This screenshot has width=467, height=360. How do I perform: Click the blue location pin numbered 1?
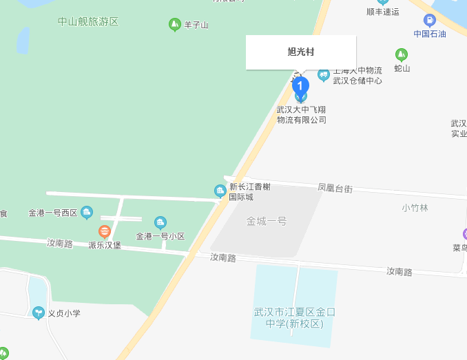(x=300, y=86)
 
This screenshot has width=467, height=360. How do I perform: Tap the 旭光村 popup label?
(x=301, y=52)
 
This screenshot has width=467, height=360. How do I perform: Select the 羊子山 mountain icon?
(x=174, y=25)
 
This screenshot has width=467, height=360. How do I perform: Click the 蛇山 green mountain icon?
(x=401, y=54)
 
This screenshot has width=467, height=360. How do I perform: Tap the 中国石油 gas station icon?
(x=430, y=21)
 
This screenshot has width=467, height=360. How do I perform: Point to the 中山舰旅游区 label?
(x=88, y=21)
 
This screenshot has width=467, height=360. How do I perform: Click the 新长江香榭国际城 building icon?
(x=220, y=191)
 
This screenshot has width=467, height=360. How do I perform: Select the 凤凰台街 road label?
(x=335, y=187)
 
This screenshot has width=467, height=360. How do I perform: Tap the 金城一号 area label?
(x=267, y=221)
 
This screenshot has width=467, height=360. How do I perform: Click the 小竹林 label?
(x=415, y=208)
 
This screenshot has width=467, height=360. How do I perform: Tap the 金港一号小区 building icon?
(x=160, y=222)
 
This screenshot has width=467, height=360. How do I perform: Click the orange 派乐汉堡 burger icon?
(x=105, y=231)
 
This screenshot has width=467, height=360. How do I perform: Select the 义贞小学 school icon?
(x=39, y=313)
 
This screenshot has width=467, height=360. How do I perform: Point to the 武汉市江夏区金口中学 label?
(x=294, y=317)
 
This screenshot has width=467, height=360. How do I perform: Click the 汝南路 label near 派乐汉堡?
(x=60, y=243)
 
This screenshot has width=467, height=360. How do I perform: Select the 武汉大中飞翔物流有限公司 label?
(x=301, y=114)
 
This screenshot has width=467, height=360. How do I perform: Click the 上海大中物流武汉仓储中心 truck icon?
(x=323, y=74)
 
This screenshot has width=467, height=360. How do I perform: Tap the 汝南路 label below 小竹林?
(x=399, y=272)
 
